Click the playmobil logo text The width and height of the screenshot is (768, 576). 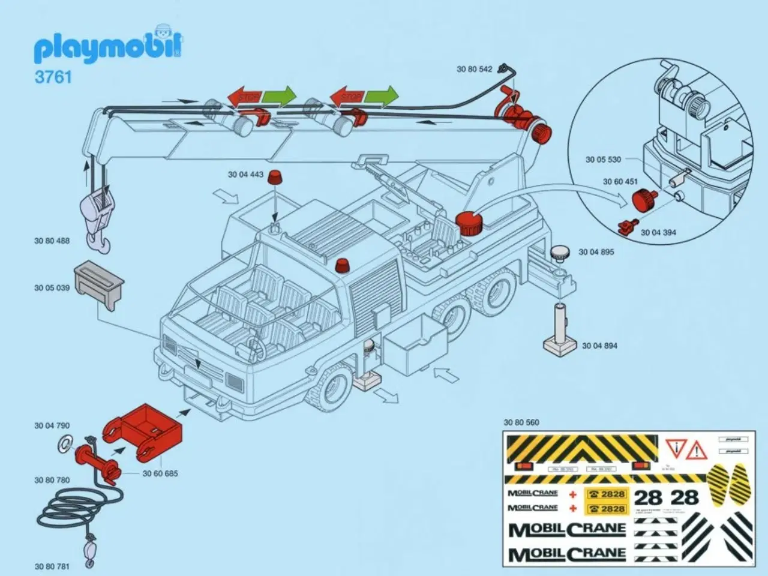108,48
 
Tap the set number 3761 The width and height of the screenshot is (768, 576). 53,77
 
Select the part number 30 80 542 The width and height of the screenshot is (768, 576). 474,69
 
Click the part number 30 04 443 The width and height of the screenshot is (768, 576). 245,175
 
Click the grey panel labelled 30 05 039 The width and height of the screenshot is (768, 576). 100,287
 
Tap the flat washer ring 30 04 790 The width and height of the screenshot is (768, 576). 64,444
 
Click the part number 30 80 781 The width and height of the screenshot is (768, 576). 52,566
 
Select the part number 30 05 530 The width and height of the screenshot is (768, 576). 603,160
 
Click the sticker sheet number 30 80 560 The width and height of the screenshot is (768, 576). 521,422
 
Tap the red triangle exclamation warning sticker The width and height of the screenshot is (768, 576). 697,448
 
